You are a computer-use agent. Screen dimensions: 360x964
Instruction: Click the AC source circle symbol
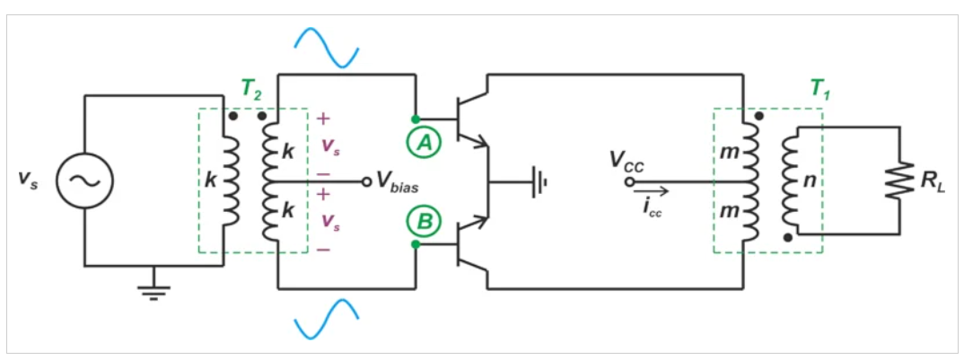click(x=85, y=180)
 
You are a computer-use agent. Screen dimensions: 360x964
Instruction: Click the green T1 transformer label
click(x=819, y=88)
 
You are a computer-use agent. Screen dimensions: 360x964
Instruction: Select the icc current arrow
click(x=651, y=189)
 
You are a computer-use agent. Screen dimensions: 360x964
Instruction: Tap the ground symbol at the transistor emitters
click(x=539, y=181)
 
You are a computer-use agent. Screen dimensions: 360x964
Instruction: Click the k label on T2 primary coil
click(x=209, y=180)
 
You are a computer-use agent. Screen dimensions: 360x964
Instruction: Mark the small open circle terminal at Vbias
click(x=366, y=181)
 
